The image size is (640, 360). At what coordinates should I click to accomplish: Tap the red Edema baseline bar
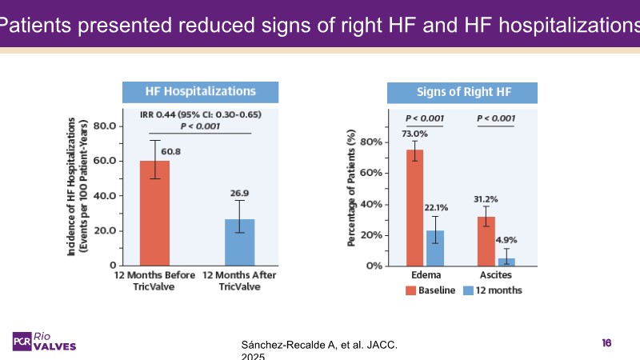(414, 208)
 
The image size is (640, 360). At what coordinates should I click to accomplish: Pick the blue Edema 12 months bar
(435, 248)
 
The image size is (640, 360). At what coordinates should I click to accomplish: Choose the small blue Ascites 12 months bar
(506, 262)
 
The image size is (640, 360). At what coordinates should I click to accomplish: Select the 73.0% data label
(414, 134)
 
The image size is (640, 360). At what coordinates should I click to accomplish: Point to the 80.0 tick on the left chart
(104, 126)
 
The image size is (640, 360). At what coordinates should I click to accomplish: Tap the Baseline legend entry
(430, 290)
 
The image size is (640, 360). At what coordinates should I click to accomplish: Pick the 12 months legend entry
(492, 290)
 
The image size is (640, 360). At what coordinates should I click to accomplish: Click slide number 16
(606, 342)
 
